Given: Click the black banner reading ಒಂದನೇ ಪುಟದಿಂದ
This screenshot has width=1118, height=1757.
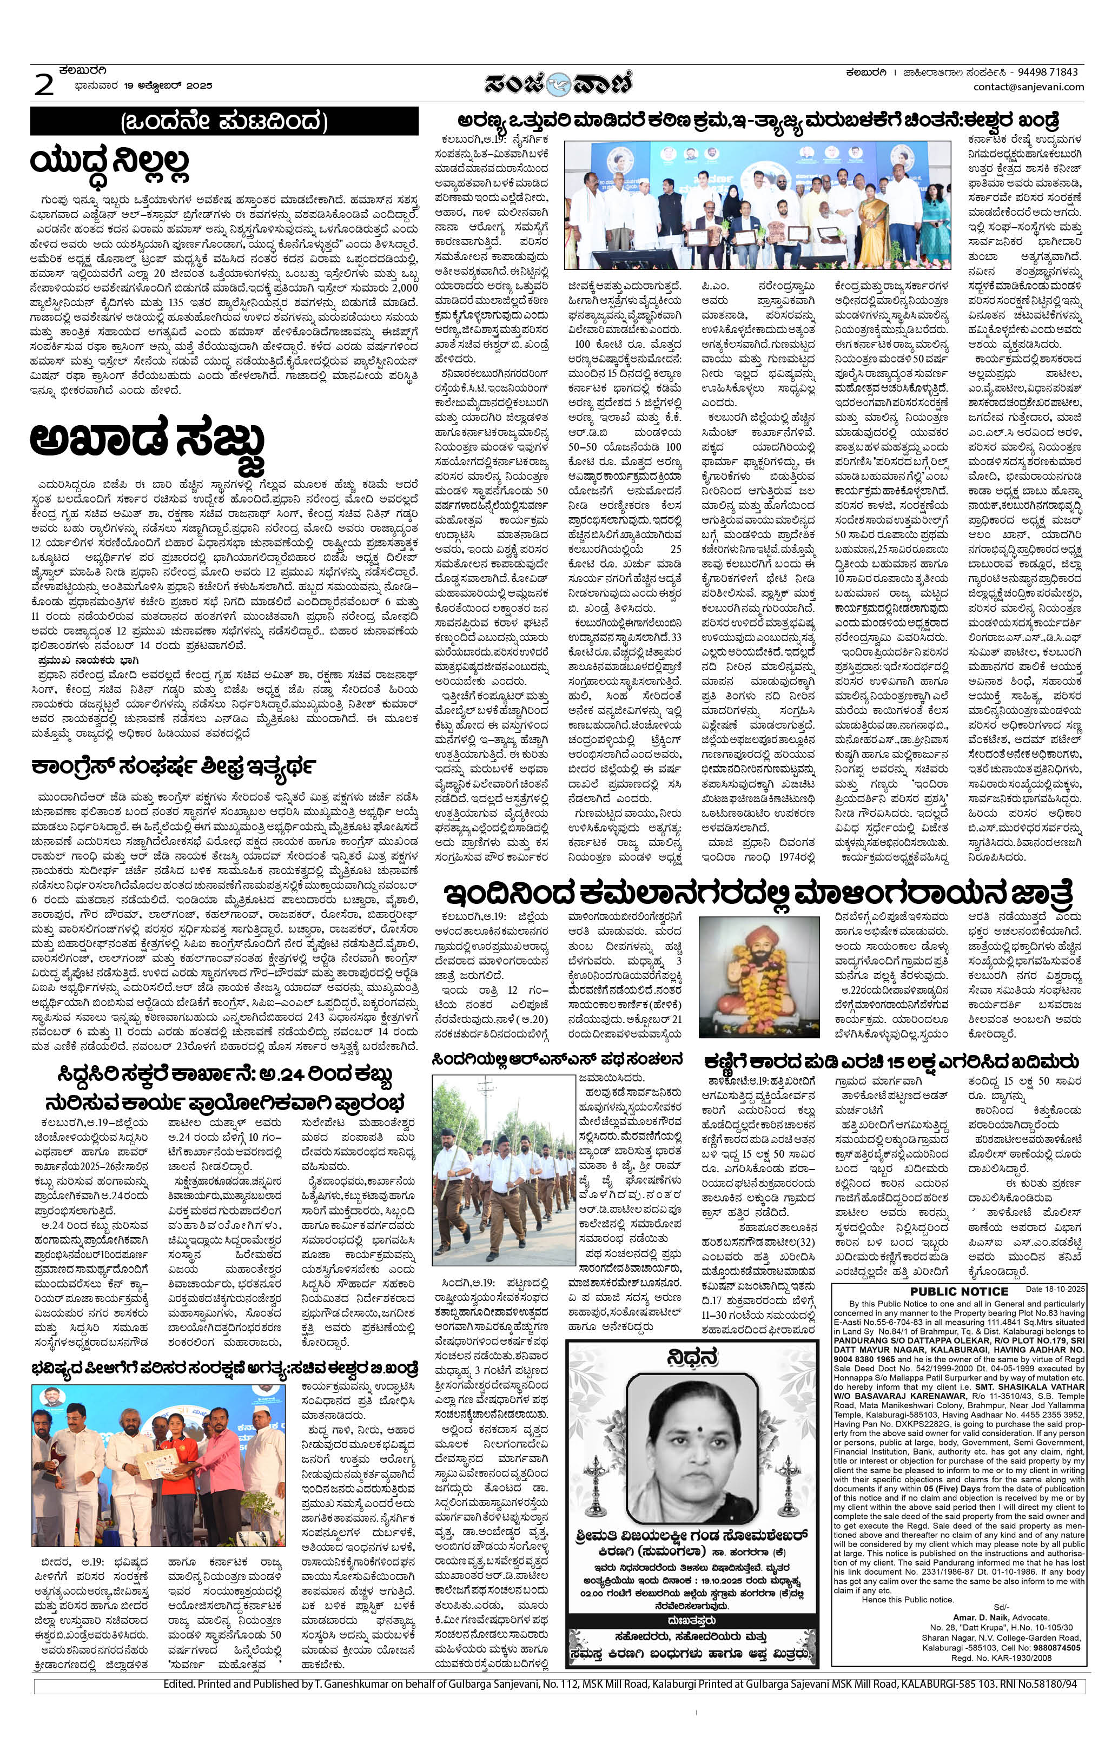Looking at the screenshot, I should point(224,121).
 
